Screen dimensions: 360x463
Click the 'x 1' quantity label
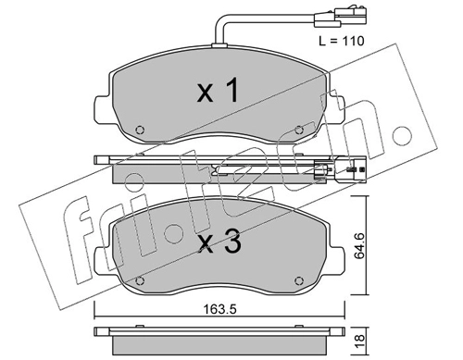219,90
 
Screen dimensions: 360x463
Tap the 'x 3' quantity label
219,244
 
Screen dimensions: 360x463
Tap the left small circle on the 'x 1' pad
139,130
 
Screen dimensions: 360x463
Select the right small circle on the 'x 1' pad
298,130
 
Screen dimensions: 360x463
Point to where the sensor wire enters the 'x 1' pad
216,49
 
